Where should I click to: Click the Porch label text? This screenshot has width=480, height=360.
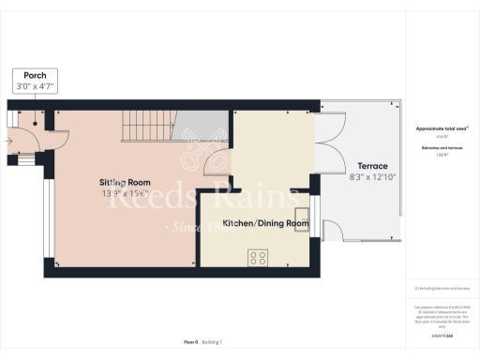click(x=36, y=75)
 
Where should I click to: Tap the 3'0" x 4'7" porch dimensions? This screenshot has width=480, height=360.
click(x=36, y=86)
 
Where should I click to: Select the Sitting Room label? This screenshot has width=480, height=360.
click(x=126, y=182)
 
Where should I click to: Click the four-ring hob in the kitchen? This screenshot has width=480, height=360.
click(x=257, y=257)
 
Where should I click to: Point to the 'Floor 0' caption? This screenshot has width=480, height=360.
click(x=189, y=344)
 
